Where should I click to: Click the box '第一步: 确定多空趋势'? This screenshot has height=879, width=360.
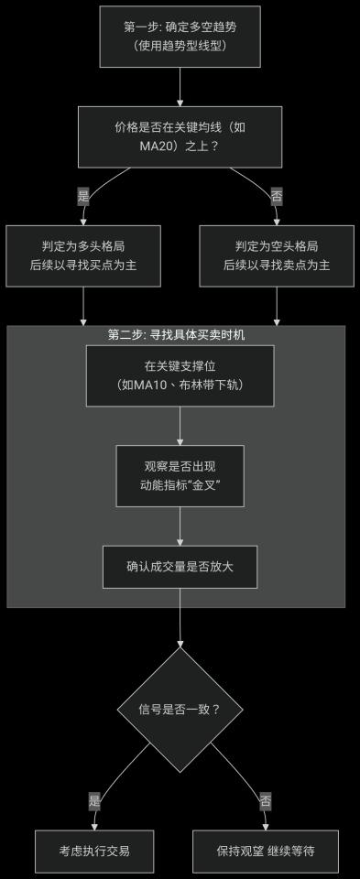coord(180,36)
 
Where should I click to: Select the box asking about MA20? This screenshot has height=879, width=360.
coord(180,136)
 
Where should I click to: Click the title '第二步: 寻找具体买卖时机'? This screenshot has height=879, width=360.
coord(176,335)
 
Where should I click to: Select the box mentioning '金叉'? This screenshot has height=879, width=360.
coord(180,475)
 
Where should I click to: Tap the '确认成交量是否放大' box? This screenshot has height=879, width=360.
coord(180,567)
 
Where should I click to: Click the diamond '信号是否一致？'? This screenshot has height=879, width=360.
coord(180,709)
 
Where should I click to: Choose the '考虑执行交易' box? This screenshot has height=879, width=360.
coord(93,851)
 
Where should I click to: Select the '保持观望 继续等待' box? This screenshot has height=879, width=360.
coord(265,851)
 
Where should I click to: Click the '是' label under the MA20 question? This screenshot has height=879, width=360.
coord(83,196)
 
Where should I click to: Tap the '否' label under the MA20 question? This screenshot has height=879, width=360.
coord(276,196)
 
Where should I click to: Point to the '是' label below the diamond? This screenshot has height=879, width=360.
coord(93,800)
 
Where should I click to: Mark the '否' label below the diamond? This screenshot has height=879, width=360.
coord(265,800)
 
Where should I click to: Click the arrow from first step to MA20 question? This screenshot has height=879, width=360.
coord(180,87)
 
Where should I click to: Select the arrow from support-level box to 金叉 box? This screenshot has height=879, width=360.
coord(180,425)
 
